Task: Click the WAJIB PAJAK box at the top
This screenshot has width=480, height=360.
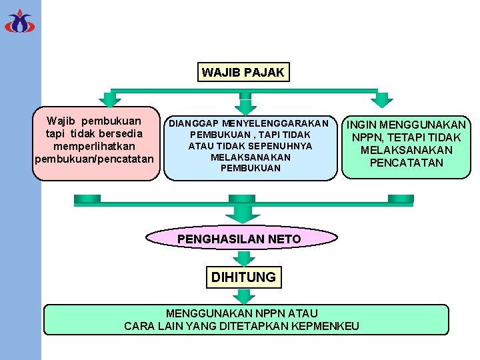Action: tap(243, 72)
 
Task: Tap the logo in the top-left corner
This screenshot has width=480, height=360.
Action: tap(19, 21)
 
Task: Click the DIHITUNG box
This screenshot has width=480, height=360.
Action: tap(243, 277)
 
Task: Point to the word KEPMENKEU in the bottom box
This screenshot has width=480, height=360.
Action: tap(326, 326)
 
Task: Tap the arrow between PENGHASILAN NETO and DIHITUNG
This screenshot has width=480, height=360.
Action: tap(242, 257)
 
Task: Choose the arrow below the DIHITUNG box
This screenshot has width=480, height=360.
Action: tap(242, 295)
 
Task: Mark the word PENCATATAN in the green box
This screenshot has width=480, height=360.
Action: tap(406, 163)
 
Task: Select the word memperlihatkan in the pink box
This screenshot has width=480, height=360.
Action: tap(94, 146)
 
